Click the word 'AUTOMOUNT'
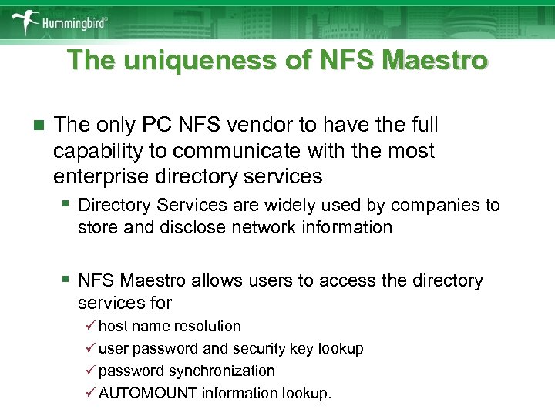click(x=148, y=393)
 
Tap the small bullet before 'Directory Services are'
click(x=68, y=204)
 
